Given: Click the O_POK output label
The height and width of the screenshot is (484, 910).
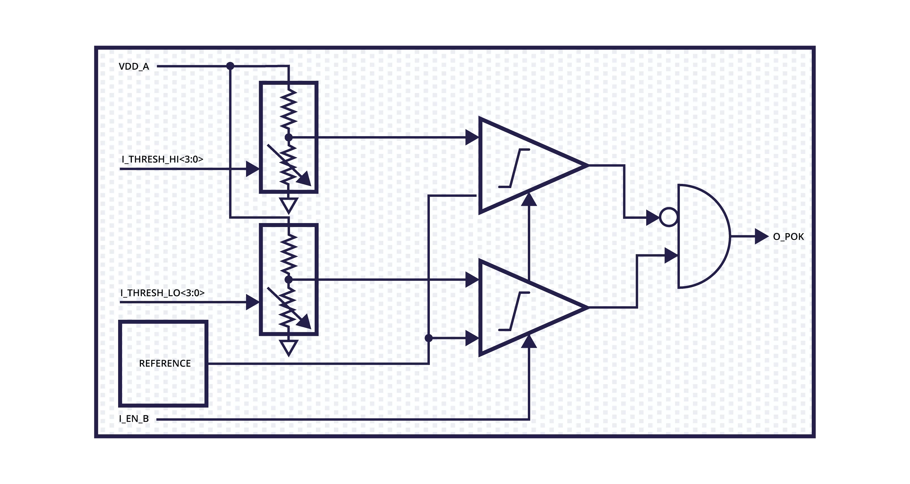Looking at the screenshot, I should click(788, 237).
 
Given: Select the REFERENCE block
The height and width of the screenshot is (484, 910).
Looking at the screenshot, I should click(163, 363).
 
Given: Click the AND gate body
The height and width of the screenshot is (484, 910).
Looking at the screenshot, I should click(701, 236).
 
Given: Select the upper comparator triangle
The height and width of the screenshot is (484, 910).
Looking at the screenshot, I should click(523, 165).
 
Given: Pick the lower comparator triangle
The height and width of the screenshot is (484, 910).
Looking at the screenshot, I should click(523, 307).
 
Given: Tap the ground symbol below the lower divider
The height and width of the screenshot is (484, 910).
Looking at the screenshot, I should click(289, 347).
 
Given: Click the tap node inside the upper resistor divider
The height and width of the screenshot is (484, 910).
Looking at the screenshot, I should click(289, 137).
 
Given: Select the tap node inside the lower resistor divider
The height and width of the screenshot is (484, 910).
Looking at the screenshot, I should click(289, 279).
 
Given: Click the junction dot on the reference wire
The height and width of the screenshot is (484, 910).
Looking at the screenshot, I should click(429, 338).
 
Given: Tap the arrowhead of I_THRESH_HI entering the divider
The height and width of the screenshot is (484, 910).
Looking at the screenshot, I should click(252, 169).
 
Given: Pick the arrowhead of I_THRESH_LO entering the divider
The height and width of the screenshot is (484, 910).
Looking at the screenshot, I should click(252, 303).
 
